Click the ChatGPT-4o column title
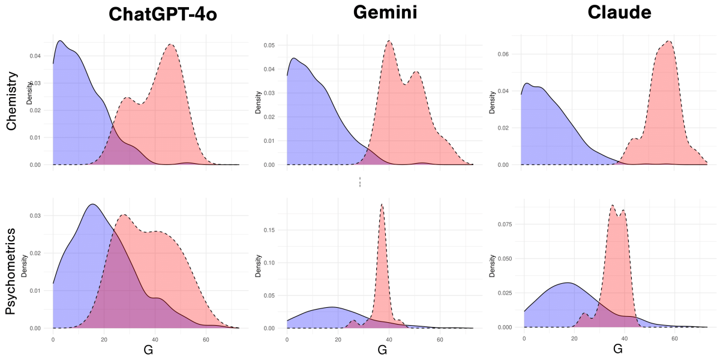[163, 15]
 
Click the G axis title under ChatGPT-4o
[148, 349]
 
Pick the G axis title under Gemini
[382, 349]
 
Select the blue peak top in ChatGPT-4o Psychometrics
[92, 205]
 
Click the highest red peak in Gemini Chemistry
[389, 41]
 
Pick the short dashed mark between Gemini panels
[360, 182]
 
